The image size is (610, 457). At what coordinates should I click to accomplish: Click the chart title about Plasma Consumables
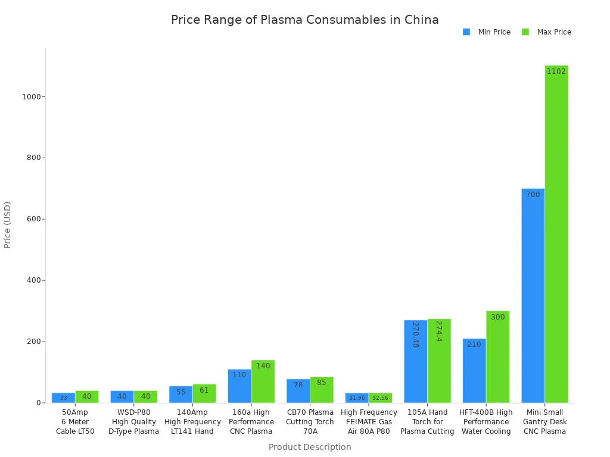[x=304, y=20]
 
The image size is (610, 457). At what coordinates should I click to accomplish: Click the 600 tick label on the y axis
[x=33, y=219]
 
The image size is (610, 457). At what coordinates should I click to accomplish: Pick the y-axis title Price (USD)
[x=8, y=224]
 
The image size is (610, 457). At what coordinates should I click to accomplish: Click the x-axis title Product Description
[x=310, y=447]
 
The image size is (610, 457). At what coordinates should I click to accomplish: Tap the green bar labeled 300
[x=497, y=357]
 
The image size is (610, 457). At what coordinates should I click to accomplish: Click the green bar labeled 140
[x=263, y=381]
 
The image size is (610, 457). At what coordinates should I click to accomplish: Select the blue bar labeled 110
[x=239, y=386]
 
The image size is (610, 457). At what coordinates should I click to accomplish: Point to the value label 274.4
[x=438, y=331]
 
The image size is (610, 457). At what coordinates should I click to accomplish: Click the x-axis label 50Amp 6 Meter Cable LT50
[x=75, y=421]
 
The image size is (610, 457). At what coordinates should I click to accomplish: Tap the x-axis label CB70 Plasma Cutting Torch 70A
[x=310, y=421]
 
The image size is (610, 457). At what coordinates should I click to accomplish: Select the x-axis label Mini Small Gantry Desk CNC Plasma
[x=544, y=421]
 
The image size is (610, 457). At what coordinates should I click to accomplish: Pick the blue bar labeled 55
[x=180, y=395]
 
